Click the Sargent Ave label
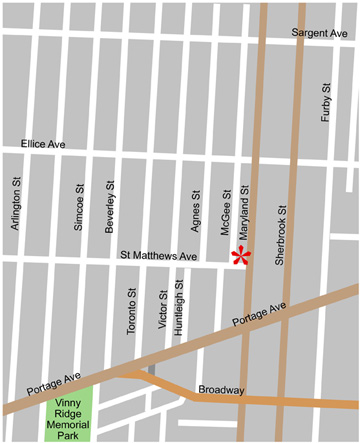point(319,33)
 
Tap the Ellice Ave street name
point(43,145)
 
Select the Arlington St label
point(16,204)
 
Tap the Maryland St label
point(243,204)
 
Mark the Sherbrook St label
point(282,227)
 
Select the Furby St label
point(326,103)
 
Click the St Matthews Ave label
point(159,257)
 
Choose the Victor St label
point(162,311)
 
